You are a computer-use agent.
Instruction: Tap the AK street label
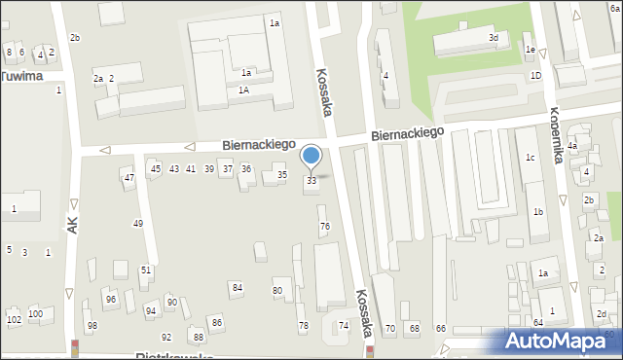(72, 224)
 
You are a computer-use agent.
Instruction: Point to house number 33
(311, 181)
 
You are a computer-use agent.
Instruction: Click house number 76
(325, 226)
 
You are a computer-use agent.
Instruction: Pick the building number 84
(237, 287)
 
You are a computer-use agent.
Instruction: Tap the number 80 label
(277, 291)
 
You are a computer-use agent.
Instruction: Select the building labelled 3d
(494, 38)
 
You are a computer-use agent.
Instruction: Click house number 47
(128, 177)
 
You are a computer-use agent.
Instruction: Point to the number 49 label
(138, 224)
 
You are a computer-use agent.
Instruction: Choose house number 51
(146, 270)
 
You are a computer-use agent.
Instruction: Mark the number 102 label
(14, 319)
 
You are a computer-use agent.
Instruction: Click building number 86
(217, 322)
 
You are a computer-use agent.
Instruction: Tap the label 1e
(530, 49)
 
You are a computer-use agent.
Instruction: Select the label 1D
(535, 75)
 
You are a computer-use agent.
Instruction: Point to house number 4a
(573, 147)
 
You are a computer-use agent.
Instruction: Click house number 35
(282, 175)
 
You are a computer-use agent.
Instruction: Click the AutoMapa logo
(559, 342)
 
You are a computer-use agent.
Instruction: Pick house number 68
(414, 329)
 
